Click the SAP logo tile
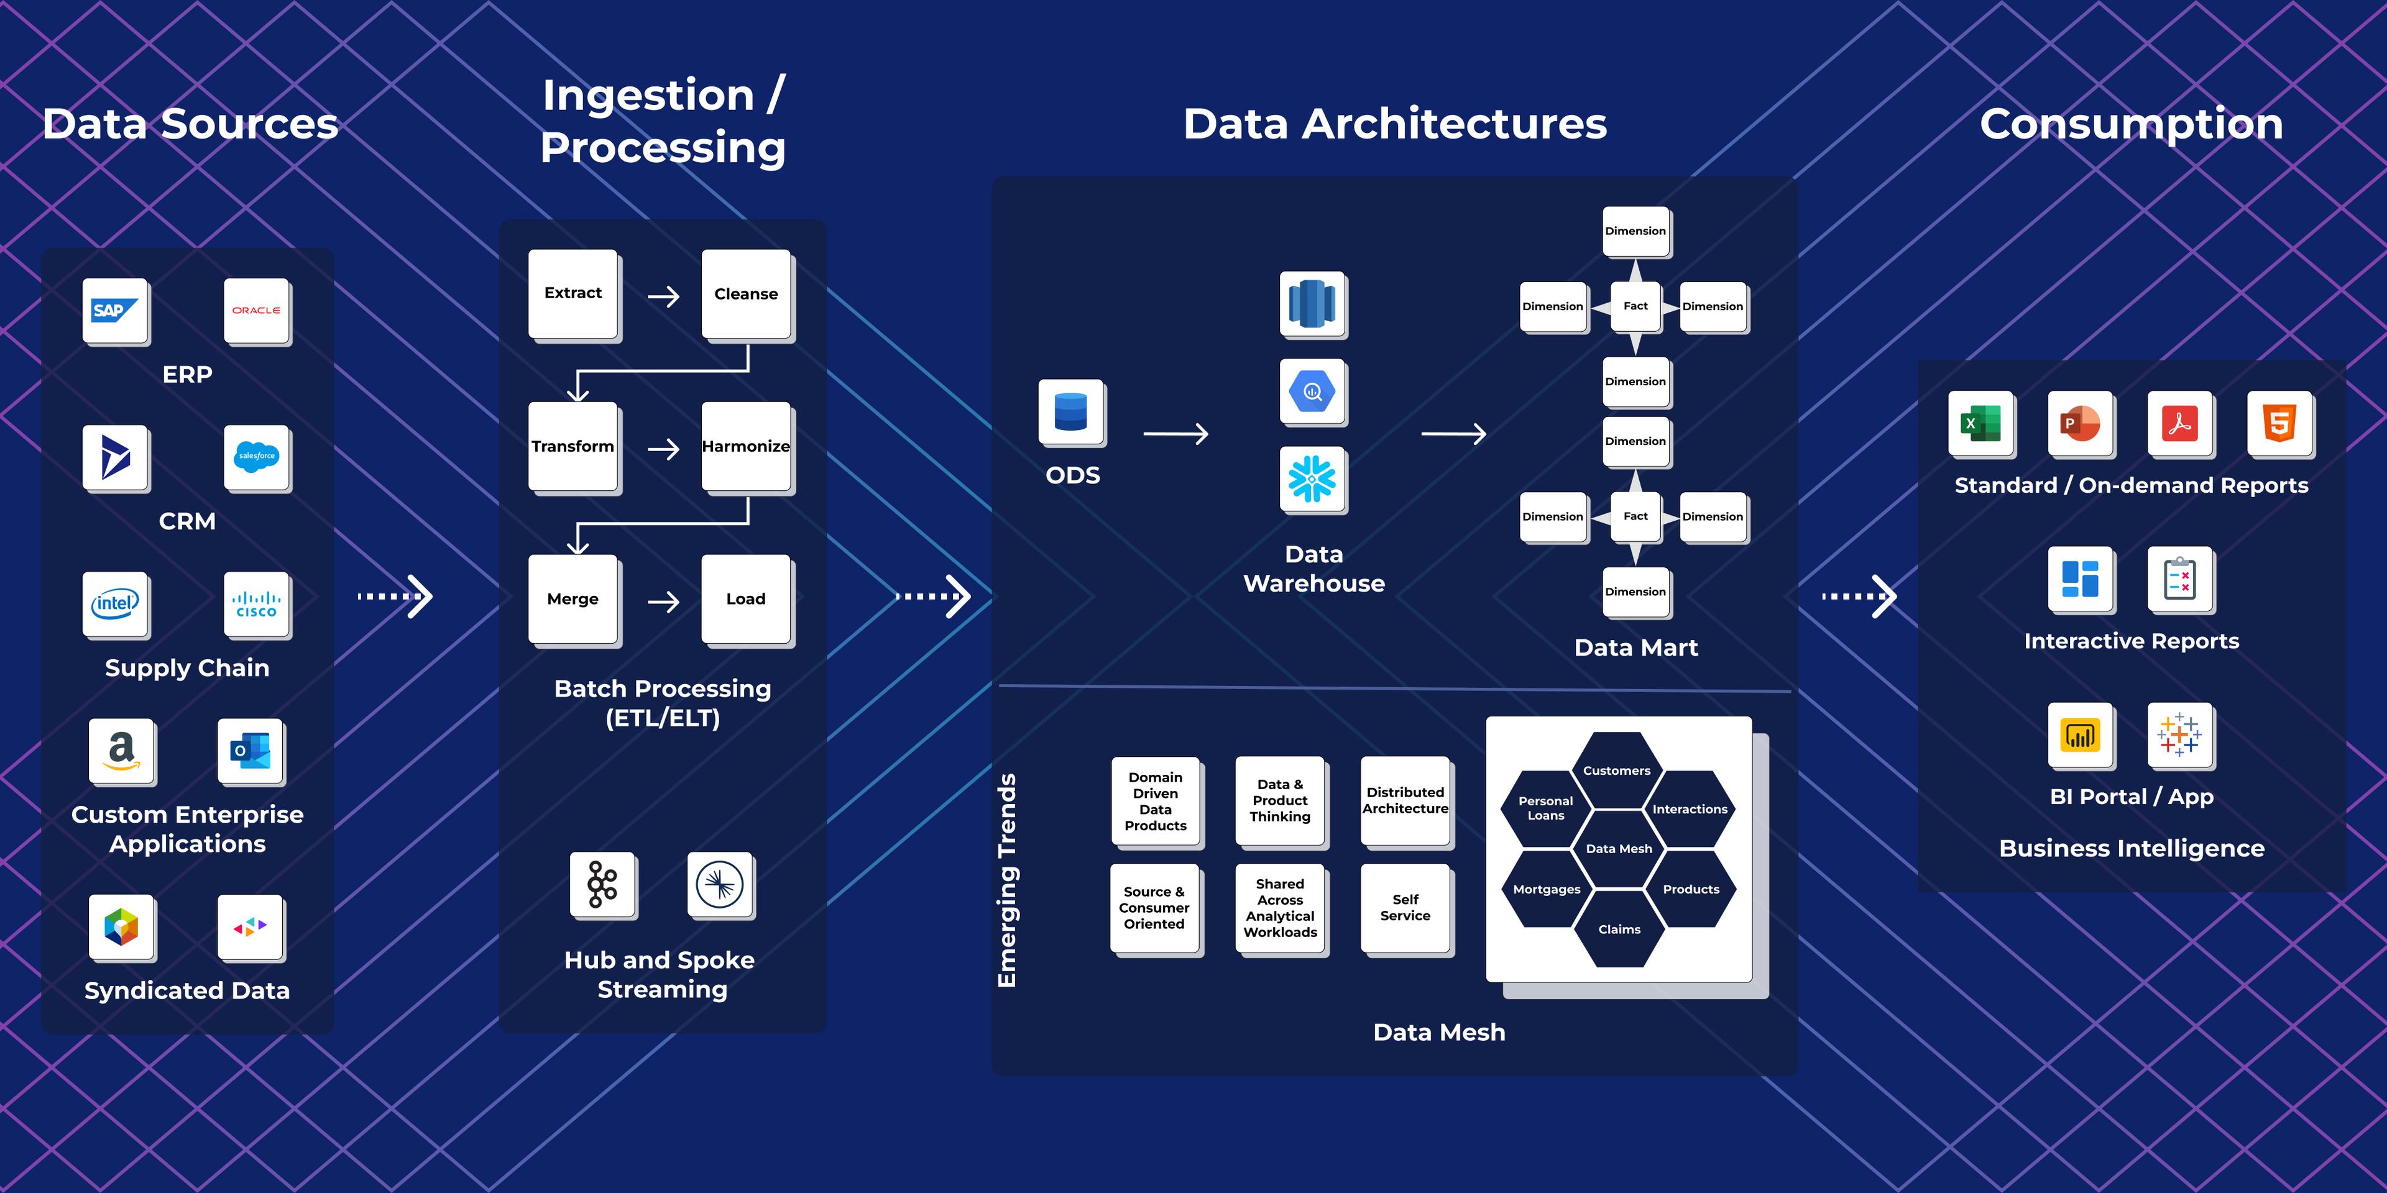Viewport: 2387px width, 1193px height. tap(116, 310)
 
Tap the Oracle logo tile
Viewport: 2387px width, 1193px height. tap(257, 310)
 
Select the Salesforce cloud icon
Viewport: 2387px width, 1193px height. tap(257, 457)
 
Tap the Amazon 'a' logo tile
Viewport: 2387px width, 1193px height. tap(121, 750)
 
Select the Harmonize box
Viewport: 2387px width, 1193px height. tap(746, 447)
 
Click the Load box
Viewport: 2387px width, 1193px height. tap(746, 599)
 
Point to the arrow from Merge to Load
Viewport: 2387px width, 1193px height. tap(663, 602)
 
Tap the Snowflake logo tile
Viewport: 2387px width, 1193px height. tap(1312, 479)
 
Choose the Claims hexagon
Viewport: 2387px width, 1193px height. tap(1619, 929)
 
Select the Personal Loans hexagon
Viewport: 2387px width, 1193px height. tap(1545, 808)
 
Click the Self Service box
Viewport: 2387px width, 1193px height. tap(1405, 908)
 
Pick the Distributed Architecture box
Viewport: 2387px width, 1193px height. tap(1405, 800)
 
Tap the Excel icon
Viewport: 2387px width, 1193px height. tap(1981, 423)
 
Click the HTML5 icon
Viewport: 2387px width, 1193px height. tap(2279, 423)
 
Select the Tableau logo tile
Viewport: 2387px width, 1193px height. tap(2179, 734)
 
